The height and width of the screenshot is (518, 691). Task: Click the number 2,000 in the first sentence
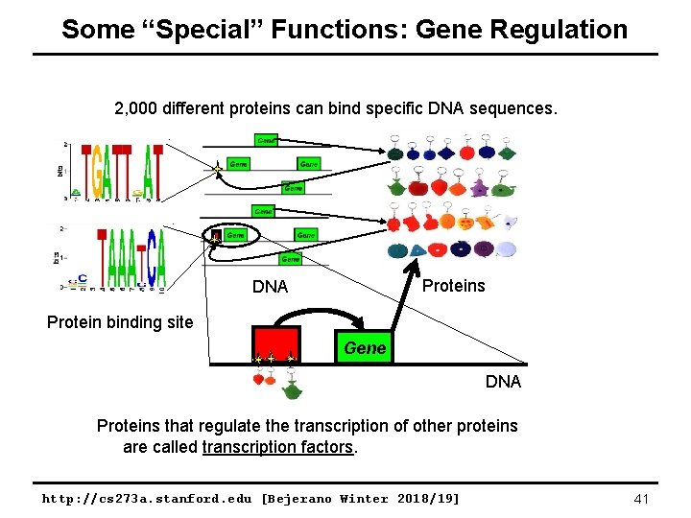pyautogui.click(x=139, y=108)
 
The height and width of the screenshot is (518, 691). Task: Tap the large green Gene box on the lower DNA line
pyautogui.click(x=365, y=347)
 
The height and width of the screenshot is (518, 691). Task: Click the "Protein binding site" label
pyautogui.click(x=120, y=322)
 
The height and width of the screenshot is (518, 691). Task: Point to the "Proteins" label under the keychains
pyautogui.click(x=454, y=286)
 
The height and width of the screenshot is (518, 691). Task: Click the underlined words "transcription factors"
pyautogui.click(x=277, y=447)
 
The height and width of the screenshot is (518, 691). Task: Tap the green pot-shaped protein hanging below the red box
pyautogui.click(x=292, y=391)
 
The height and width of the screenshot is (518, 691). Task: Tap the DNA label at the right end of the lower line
pyautogui.click(x=503, y=382)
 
